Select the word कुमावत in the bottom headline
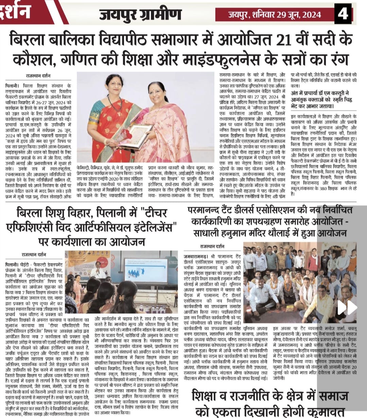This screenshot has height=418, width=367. [325, 412]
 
